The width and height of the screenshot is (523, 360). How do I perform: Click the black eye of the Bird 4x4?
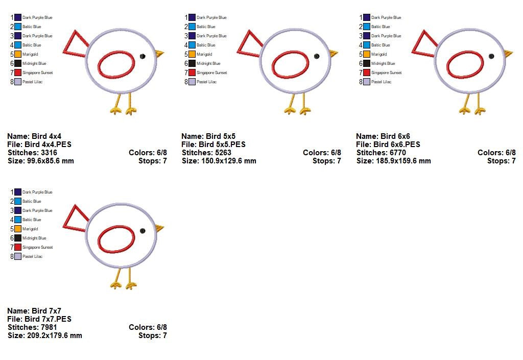click(142, 56)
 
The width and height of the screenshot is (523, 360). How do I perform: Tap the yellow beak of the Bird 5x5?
click(333, 53)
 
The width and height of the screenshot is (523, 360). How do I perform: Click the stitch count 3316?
click(44, 153)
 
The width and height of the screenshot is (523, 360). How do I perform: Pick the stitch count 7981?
click(44, 327)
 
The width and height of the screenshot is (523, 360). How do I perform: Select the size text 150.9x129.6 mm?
click(229, 161)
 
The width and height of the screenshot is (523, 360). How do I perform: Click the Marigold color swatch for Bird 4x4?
click(18, 54)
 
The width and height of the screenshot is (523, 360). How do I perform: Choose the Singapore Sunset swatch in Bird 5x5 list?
click(192, 73)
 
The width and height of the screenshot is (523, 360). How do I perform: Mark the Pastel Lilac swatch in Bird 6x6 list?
click(367, 82)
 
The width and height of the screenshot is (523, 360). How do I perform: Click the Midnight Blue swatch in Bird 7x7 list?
click(18, 238)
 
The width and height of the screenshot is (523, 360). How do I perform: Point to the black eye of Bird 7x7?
click(142, 231)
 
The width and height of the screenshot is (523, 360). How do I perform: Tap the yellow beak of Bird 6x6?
click(508, 53)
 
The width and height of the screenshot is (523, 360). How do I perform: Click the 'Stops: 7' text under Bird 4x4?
click(152, 161)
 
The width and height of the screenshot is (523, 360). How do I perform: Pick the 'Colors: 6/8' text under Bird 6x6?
click(496, 153)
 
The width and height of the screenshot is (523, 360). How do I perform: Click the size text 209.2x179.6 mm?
click(54, 335)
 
